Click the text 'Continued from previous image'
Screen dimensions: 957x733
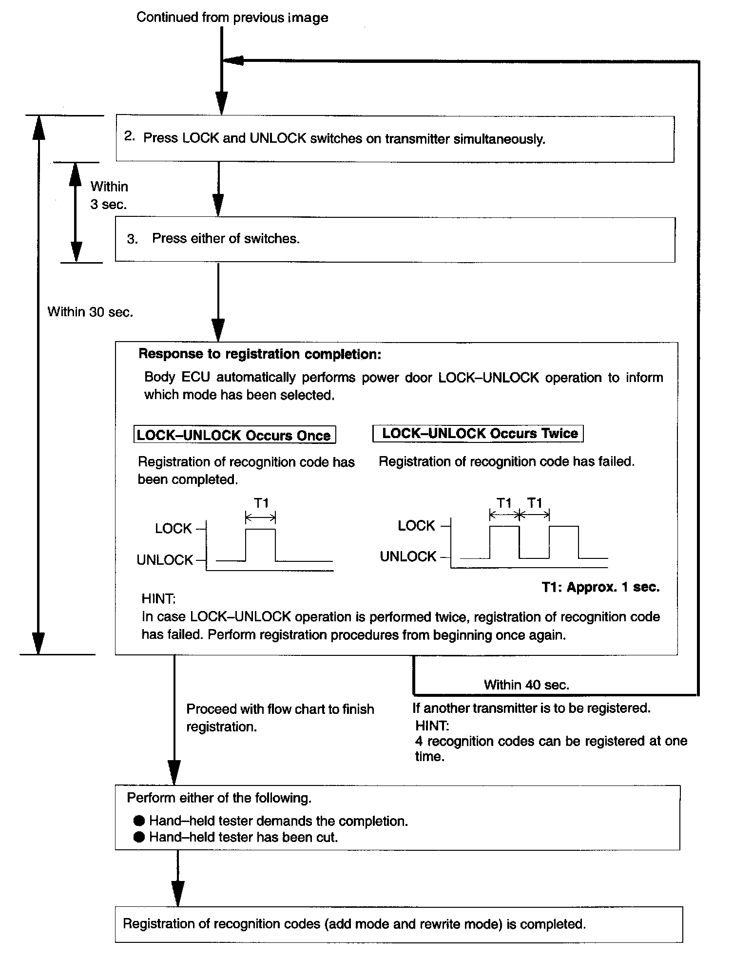pos(232,18)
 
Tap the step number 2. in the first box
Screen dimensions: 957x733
pos(129,136)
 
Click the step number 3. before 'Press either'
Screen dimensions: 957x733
pos(132,239)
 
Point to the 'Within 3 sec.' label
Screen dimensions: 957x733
pos(109,195)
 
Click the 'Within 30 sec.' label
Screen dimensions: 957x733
pos(90,312)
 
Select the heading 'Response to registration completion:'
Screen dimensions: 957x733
pos(260,354)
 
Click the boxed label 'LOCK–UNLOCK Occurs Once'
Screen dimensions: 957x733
pos(234,435)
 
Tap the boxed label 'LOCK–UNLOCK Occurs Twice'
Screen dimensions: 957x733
pos(478,433)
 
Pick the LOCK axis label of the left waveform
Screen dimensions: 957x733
pos(173,529)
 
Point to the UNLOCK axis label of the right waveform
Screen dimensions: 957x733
pos(408,556)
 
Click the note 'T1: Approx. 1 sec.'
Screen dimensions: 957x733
pos(600,587)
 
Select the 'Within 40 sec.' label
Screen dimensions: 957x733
pos(526,685)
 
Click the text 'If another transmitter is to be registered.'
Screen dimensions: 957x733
pos(531,708)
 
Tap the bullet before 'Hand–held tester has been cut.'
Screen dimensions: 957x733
pos(139,837)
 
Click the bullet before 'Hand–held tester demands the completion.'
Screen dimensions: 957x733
pos(139,821)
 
